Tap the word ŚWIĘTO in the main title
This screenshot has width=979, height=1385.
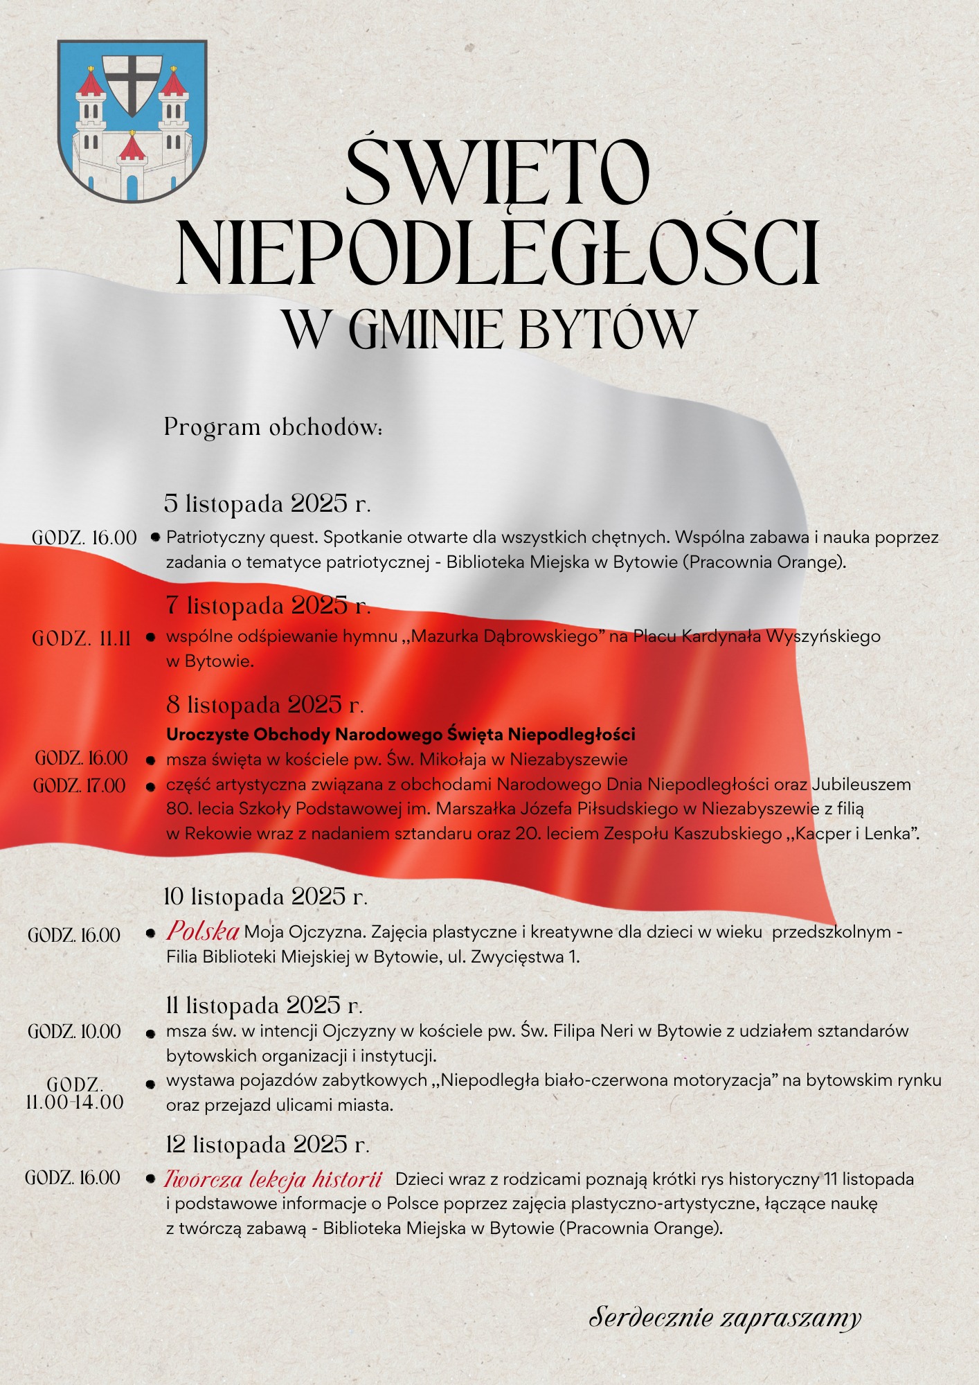point(496,173)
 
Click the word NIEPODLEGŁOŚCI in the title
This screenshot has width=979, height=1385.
point(499,253)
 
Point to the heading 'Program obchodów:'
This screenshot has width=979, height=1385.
point(273,427)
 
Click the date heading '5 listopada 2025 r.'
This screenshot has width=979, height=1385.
point(267,503)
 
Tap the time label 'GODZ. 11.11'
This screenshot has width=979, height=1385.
point(81,638)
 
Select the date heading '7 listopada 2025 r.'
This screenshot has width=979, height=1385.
point(269,606)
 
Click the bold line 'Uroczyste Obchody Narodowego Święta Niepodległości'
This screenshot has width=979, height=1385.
point(401,734)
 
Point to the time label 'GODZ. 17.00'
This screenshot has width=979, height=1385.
point(80,785)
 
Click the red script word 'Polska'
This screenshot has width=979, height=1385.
point(202,931)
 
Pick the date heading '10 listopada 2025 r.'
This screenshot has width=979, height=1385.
point(266,897)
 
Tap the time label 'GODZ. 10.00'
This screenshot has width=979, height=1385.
point(74,1032)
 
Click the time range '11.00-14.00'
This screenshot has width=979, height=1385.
point(75,1102)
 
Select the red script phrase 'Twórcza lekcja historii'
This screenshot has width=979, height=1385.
point(273,1179)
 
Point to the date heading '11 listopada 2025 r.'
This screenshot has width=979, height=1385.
point(264,1005)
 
